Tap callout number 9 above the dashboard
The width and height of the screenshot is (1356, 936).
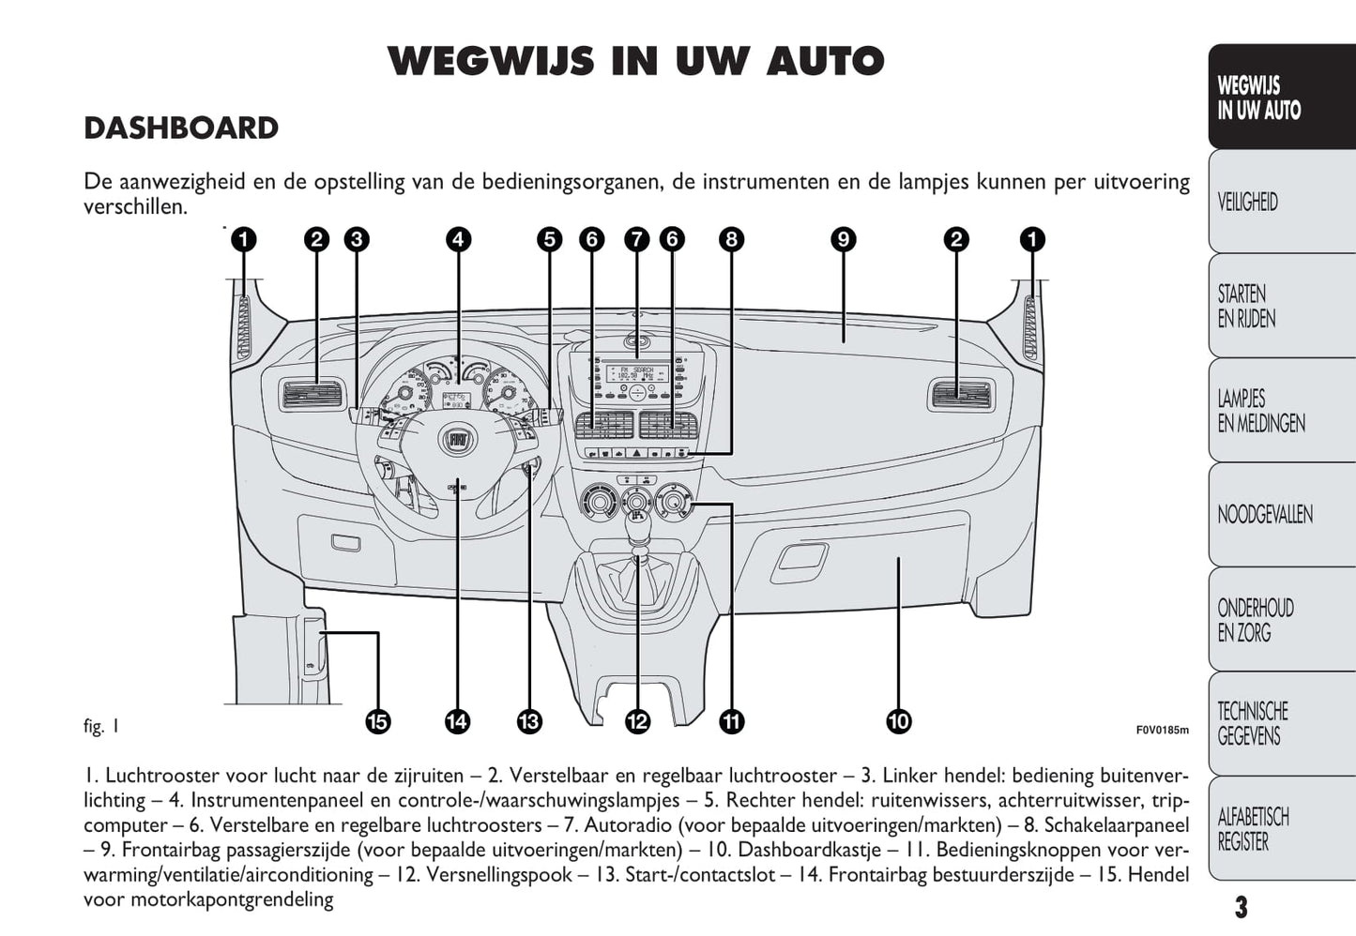[x=843, y=239]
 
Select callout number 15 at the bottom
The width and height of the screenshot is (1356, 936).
[x=377, y=721]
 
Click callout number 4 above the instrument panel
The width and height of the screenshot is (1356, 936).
[x=458, y=239]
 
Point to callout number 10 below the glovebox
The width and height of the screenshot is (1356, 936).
[x=898, y=721]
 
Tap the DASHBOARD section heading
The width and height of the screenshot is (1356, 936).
[x=181, y=128]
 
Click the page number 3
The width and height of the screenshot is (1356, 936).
[x=1241, y=907]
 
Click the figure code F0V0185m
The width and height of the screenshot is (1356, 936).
[x=1162, y=730]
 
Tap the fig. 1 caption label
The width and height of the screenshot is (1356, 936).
[x=101, y=726]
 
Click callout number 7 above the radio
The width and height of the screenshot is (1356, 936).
[x=636, y=239]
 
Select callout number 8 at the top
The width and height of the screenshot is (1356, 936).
[x=731, y=239]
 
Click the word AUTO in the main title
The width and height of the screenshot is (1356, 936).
[x=825, y=62]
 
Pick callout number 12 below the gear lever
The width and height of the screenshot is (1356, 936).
[x=637, y=721]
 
